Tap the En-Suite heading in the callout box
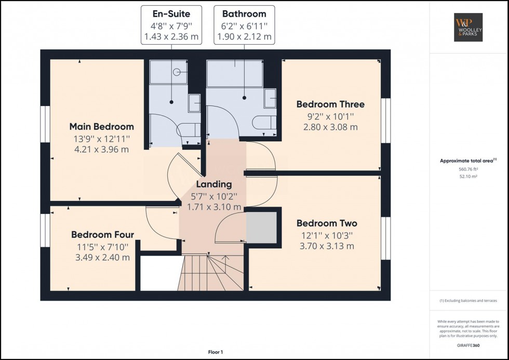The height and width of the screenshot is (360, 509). coord(171,14)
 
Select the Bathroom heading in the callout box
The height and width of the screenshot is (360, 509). coord(244,14)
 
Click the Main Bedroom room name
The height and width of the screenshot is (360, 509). coord(102,127)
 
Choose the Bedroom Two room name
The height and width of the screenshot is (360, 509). coord(327,223)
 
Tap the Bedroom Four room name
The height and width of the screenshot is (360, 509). coord(102,235)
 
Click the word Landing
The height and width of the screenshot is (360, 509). coord(214,184)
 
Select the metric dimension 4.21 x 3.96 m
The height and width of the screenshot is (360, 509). coord(102,150)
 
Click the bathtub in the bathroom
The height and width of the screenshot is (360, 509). coord(234,73)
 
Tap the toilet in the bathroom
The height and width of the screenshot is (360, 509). coord(263,123)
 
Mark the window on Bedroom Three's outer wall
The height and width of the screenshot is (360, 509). coord(385,120)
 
